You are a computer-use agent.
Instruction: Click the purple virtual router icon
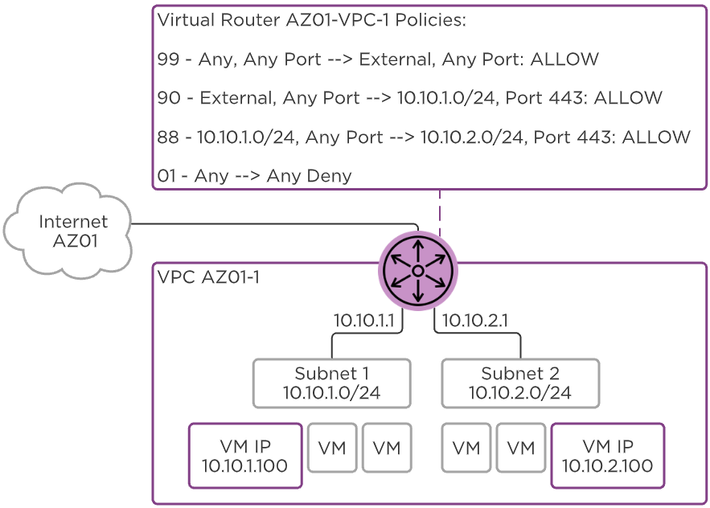pos(417,268)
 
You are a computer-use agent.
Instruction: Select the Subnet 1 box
pos(331,383)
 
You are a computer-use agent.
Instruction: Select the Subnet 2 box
pos(520,383)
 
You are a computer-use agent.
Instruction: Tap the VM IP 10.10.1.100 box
pos(244,456)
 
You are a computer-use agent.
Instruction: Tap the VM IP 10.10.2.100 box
pos(607,456)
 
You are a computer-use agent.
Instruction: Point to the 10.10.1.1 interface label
pos(364,321)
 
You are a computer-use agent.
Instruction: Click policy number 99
pos(169,59)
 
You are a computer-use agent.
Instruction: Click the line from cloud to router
pos(273,223)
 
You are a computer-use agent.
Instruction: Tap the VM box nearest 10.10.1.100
pos(332,448)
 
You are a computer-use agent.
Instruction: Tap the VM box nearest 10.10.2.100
pos(521,448)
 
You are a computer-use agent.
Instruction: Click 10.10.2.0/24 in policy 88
pos(472,137)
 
